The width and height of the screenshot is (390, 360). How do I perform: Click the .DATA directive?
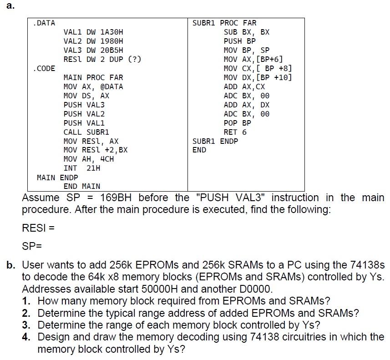tap(44, 23)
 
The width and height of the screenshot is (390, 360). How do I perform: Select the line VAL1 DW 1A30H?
tap(93, 32)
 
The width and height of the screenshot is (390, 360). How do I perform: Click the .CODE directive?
tap(44, 69)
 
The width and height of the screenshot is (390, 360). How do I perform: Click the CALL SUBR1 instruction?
tap(86, 132)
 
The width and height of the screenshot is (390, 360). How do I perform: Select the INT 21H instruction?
tap(82, 168)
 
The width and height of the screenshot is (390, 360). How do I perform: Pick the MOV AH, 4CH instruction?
tap(89, 159)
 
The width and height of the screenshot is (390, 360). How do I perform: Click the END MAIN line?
tap(82, 186)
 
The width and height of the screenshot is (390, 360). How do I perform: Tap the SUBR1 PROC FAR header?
tap(224, 23)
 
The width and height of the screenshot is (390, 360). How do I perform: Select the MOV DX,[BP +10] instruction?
tap(258, 77)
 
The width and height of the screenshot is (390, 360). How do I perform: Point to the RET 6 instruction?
tap(235, 132)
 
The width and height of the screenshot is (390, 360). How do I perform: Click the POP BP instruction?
tap(237, 123)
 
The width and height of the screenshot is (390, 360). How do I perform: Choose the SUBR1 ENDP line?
tap(215, 141)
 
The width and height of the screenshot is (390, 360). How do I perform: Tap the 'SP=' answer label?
tap(32, 246)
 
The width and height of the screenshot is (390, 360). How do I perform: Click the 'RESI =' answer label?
tap(38, 228)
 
